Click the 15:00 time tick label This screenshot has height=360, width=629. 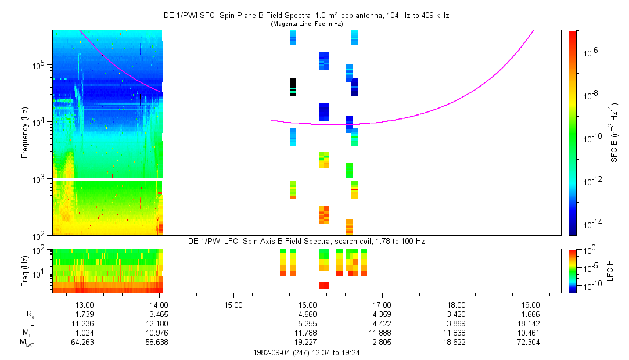point(233,304)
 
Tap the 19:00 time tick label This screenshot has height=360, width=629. point(531,304)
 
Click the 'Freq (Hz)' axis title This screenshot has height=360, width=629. point(25,271)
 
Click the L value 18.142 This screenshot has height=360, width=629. point(531,323)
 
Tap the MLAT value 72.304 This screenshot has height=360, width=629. point(531,343)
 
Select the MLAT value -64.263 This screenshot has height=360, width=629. point(82,343)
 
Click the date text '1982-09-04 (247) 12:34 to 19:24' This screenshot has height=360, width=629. point(307,352)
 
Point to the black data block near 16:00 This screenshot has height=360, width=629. point(293,87)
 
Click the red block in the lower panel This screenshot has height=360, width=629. point(324,285)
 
